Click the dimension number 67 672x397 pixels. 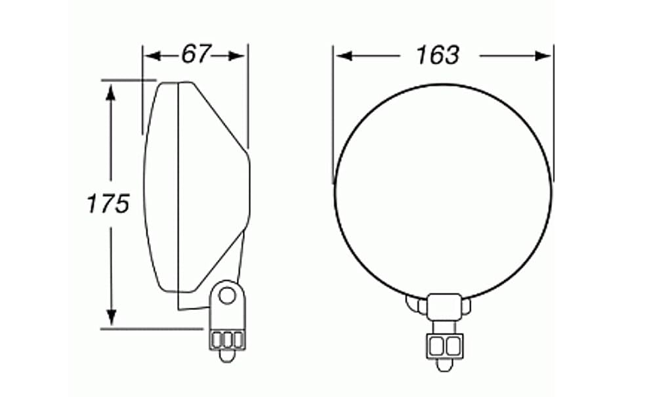coord(196,54)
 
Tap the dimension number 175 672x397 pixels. coord(108,203)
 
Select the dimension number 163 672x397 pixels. coord(438,55)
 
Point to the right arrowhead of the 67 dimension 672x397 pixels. coord(236,56)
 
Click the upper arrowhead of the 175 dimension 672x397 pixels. coord(111,93)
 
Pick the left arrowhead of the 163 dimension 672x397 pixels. coord(344,56)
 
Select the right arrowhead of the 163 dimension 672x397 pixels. coord(543,56)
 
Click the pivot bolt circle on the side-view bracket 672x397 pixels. coord(226,295)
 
